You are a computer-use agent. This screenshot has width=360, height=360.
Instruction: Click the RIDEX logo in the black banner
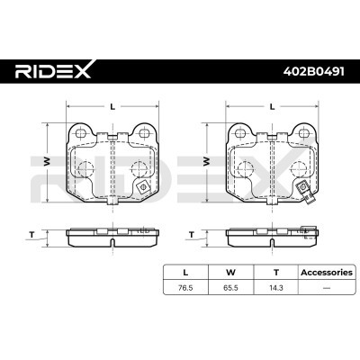(53, 70)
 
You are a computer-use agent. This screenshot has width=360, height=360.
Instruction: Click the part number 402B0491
(314, 71)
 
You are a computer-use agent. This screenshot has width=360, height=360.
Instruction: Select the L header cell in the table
(185, 273)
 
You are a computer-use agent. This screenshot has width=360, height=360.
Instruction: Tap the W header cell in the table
(230, 273)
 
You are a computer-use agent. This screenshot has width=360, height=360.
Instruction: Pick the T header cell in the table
(275, 273)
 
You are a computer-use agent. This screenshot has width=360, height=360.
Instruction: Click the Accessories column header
(327, 273)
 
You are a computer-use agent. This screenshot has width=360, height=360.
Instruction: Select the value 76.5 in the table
(185, 288)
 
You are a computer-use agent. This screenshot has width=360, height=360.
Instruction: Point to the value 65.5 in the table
(230, 288)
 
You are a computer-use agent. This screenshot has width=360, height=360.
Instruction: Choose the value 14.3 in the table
(276, 288)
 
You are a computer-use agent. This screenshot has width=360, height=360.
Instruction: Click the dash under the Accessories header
(327, 288)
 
